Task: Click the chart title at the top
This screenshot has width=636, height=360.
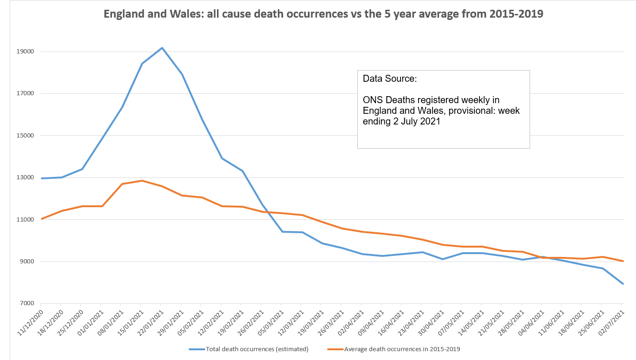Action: pyautogui.click(x=323, y=14)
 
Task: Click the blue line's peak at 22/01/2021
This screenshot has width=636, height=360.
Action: pyautogui.click(x=162, y=48)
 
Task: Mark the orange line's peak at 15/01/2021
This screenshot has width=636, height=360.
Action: pyautogui.click(x=142, y=181)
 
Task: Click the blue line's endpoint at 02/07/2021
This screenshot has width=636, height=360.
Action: pyautogui.click(x=623, y=284)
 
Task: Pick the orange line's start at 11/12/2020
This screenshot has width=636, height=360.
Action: pyautogui.click(x=42, y=218)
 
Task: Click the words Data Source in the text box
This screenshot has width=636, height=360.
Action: pyautogui.click(x=390, y=79)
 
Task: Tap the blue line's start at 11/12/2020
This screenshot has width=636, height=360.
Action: pyautogui.click(x=42, y=178)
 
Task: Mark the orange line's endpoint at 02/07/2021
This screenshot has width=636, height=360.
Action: pyautogui.click(x=623, y=261)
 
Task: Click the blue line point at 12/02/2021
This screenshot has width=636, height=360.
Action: pyautogui.click(x=222, y=158)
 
